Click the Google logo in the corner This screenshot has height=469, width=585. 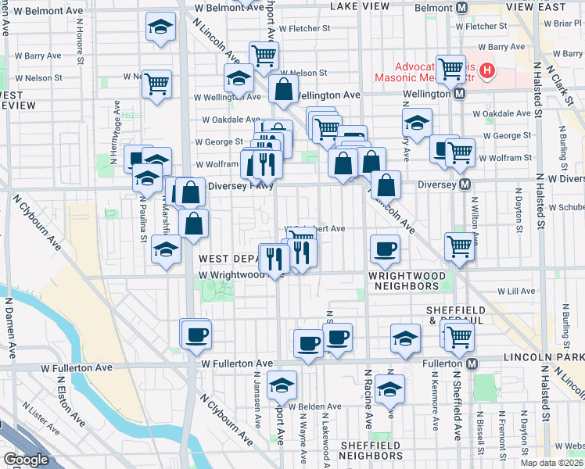(x=26, y=460)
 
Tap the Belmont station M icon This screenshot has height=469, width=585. (x=461, y=8)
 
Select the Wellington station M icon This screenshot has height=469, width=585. (x=459, y=94)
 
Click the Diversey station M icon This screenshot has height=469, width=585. (x=465, y=184)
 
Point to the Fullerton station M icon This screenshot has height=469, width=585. (x=472, y=364)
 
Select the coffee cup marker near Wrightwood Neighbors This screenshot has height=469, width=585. (x=384, y=249)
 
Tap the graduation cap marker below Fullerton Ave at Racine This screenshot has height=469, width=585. (x=389, y=388)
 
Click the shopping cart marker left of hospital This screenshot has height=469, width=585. (x=450, y=69)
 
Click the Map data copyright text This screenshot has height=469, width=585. (x=550, y=463)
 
